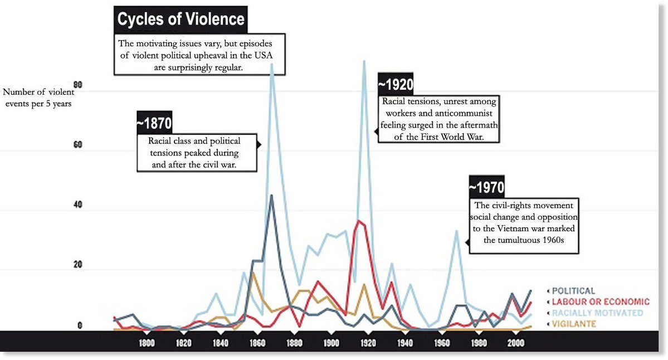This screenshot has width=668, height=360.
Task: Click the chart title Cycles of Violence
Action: click(181, 20)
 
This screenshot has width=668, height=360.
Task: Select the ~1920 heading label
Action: click(396, 85)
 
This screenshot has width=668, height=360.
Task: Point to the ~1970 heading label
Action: click(486, 187)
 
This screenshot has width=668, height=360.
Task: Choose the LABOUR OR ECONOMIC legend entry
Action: click(593, 301)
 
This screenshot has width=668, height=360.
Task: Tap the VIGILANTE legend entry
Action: click(571, 323)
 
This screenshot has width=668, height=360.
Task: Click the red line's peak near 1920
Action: click(359, 221)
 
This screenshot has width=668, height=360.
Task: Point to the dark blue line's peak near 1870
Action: click(271, 196)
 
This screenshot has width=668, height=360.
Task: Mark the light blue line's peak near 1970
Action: click(456, 231)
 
